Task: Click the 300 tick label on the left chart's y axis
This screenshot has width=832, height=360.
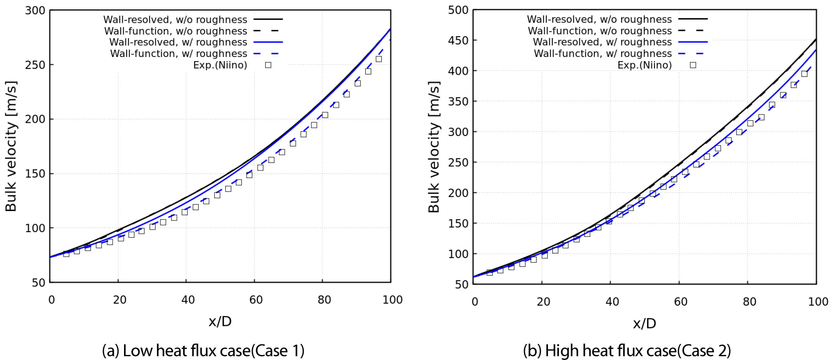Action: coord(35,11)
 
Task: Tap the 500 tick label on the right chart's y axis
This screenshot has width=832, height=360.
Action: coord(458,10)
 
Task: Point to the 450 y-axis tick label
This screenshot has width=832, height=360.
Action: coord(458,41)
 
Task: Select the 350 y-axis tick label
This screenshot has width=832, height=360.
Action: coord(458,101)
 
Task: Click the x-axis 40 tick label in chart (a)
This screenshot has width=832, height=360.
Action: coord(188,300)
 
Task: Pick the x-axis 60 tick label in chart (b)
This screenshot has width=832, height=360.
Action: coord(680,302)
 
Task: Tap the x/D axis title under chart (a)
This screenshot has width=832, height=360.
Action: coord(220,322)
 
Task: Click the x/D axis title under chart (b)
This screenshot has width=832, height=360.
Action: coord(644,324)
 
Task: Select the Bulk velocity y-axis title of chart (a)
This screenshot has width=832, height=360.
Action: coord(11,146)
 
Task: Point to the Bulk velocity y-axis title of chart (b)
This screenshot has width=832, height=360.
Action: coord(434,147)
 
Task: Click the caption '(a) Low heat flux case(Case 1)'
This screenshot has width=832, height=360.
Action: coord(203,351)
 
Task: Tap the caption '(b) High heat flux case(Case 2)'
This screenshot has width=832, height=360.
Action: coord(627,351)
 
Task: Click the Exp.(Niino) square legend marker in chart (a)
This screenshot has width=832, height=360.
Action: coord(268,65)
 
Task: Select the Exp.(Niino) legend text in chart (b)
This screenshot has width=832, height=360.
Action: coord(644,65)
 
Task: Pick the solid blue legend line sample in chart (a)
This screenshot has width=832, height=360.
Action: coord(268,42)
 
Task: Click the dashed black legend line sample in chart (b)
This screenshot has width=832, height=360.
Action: coord(692,31)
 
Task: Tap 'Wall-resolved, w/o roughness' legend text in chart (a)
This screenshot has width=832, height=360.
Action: coord(175,20)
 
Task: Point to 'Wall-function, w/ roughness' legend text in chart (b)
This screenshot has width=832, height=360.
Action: coord(602,54)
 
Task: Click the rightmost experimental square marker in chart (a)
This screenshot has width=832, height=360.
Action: coord(378,59)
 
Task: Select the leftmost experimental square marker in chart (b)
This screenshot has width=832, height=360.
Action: coord(489,273)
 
